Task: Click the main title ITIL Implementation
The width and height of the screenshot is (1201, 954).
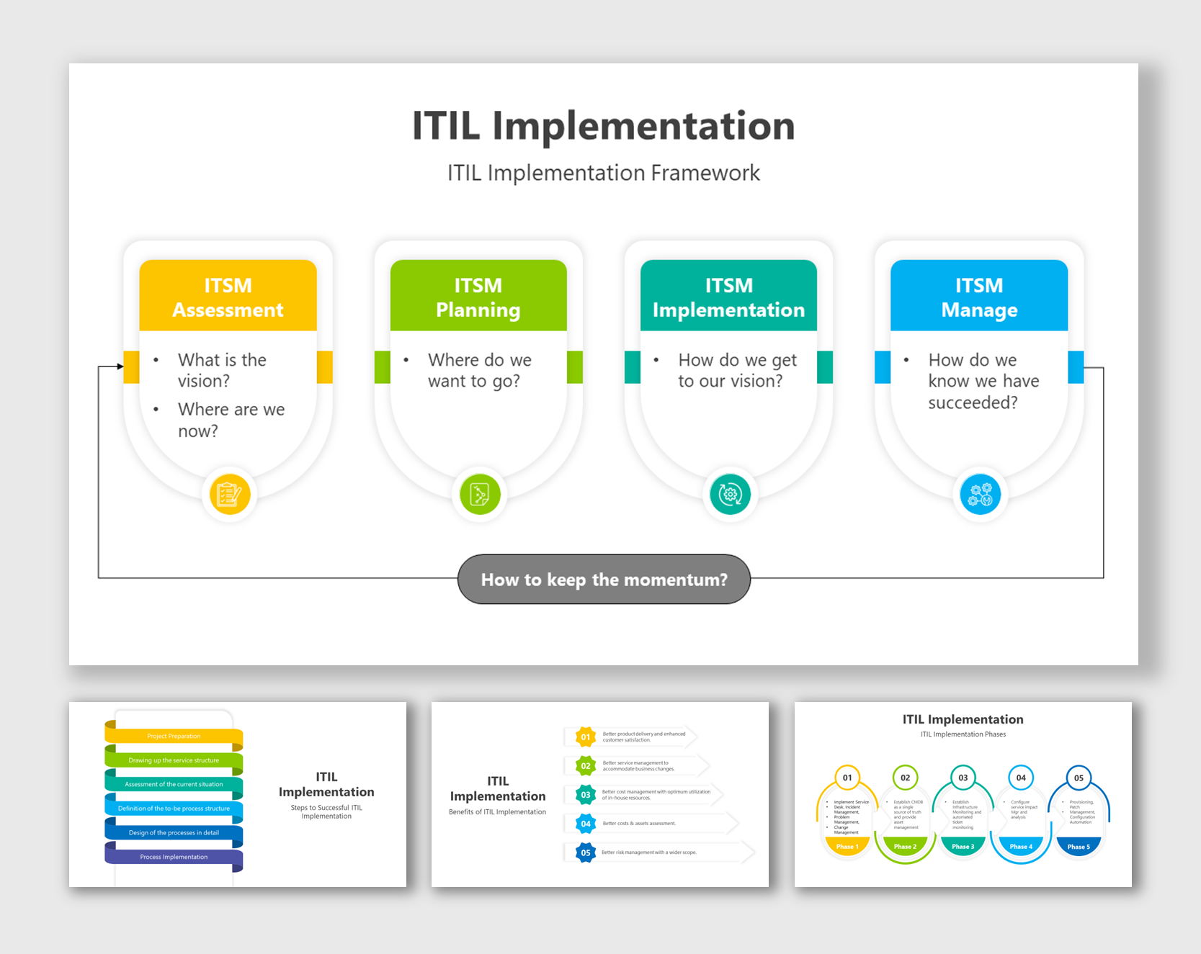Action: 603,126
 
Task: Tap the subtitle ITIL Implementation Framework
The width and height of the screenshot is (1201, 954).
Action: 603,173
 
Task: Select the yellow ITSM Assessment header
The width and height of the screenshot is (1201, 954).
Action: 228,297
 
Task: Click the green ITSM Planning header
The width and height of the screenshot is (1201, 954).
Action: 478,297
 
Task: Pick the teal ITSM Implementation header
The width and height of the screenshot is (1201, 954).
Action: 728,297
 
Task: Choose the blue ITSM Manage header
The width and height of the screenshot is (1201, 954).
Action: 978,297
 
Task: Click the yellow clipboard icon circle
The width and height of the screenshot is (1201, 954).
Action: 229,495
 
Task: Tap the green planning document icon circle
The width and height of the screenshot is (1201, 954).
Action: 480,495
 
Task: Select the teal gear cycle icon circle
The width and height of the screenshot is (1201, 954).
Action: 730,495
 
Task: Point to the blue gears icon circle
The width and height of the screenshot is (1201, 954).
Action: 980,495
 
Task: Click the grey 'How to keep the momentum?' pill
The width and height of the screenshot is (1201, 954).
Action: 604,580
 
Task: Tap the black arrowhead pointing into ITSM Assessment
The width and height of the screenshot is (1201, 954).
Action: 120,366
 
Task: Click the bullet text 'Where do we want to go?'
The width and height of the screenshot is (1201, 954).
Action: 479,370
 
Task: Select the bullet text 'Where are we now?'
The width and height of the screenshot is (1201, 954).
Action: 231,420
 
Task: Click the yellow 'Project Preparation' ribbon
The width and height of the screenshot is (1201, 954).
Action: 174,736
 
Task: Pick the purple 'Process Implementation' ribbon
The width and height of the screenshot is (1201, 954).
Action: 174,857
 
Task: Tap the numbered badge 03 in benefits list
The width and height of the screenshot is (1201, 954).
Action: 586,795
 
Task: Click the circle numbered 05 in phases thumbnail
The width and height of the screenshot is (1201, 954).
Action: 1078,778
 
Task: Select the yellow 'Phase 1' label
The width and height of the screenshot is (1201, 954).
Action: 847,847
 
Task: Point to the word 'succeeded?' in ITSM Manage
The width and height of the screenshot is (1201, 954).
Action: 973,402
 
